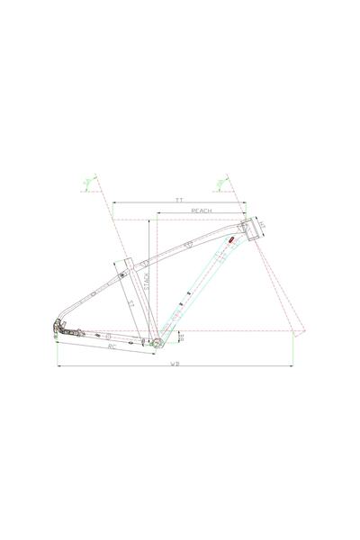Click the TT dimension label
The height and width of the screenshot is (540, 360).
[x=179, y=199]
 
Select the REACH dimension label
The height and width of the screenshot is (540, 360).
[x=202, y=210]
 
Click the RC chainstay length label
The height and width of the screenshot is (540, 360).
[x=112, y=346]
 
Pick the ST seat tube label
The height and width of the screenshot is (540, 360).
[x=130, y=305]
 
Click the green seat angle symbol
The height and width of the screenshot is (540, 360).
[x=87, y=184]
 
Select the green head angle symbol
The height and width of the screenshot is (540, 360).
[x=220, y=184]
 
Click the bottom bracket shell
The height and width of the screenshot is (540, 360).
[x=154, y=343]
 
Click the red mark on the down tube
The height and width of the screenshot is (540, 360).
[x=231, y=242]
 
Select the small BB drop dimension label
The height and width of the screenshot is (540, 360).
[x=181, y=337]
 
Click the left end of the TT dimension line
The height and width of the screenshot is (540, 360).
[x=112, y=203]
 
